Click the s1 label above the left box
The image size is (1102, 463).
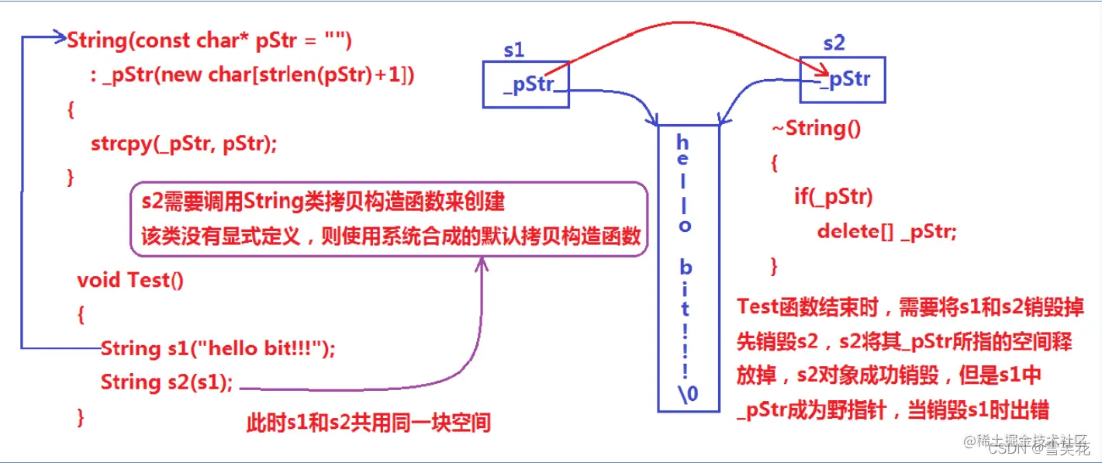513,50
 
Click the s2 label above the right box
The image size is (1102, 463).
834,43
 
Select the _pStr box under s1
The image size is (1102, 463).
526,84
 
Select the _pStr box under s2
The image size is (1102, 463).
842,79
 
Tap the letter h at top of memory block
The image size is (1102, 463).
682,143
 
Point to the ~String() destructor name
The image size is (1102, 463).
815,128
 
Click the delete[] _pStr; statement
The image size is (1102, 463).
886,231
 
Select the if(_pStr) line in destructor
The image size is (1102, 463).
833,197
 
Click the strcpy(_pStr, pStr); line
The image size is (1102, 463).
184,144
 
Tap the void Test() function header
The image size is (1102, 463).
130,280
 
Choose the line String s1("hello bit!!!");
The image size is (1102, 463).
218,349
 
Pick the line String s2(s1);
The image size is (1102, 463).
167,382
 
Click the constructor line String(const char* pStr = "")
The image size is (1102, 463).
209,40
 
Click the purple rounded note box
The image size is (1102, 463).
388,219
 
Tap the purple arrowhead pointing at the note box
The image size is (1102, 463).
481,264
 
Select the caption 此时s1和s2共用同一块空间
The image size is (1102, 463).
368,423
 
